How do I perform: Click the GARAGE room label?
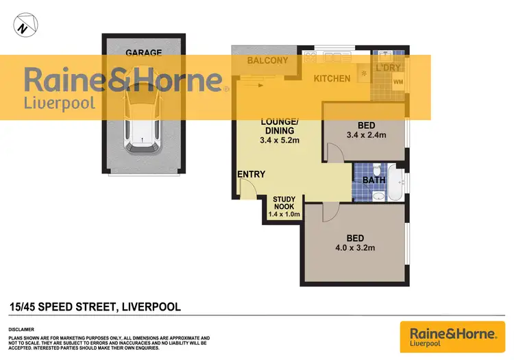143,52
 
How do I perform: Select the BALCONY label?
267,61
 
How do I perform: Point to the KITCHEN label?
332,78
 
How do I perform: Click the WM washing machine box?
398,82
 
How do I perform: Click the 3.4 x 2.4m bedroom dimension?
367,135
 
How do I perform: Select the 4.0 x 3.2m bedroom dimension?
355,248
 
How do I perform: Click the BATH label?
374,180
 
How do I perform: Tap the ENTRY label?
251,174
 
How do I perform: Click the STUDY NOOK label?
284,203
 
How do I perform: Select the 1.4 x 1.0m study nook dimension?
284,215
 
